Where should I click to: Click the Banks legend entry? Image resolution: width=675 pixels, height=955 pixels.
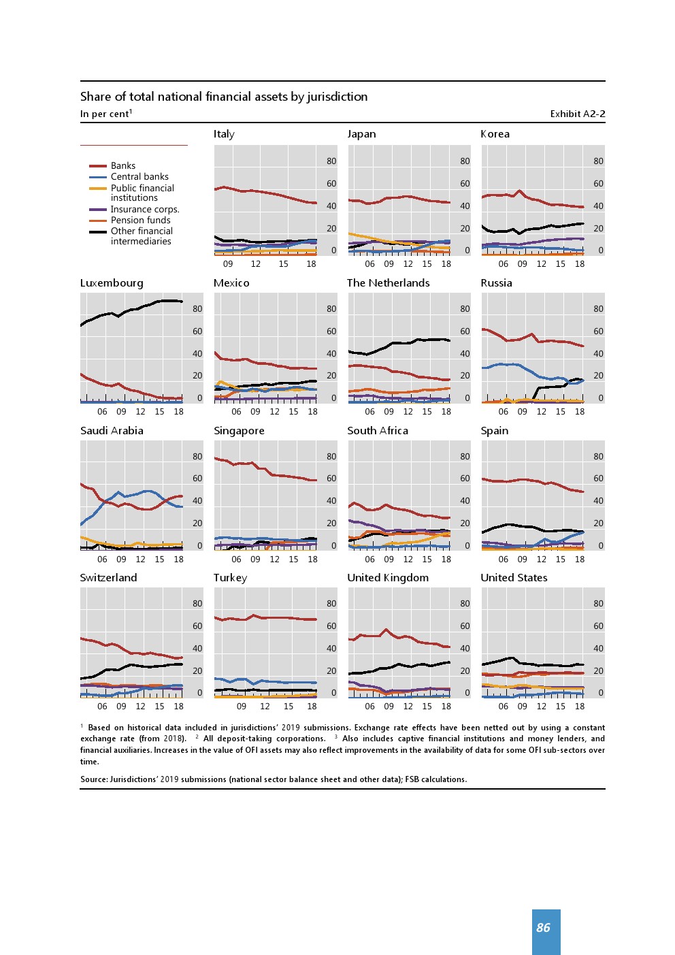(122, 165)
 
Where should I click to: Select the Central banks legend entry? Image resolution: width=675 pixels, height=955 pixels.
(139, 176)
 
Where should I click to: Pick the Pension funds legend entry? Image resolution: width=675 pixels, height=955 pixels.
(140, 220)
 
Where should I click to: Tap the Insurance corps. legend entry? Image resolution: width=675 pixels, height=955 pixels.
(144, 209)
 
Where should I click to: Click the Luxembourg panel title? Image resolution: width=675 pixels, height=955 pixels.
(112, 283)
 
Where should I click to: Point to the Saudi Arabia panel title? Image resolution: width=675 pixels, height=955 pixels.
(112, 431)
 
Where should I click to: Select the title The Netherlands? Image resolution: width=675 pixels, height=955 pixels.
(388, 283)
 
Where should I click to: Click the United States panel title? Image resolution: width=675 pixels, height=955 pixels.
(514, 578)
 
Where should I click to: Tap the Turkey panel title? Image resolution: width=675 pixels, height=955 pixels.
(230, 578)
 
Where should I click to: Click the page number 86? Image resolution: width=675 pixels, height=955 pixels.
(543, 928)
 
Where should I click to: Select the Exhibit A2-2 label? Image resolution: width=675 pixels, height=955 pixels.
(577, 114)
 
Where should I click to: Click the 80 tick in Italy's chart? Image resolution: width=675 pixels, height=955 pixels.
(331, 161)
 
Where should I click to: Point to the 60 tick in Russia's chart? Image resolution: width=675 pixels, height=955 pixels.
(598, 331)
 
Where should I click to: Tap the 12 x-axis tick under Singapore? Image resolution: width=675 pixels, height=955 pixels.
(274, 560)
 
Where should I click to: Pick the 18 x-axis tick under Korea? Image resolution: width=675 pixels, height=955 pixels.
(579, 264)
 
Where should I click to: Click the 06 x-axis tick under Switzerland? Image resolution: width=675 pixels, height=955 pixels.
(102, 707)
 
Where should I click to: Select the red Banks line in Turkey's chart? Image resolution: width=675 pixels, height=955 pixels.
(272, 617)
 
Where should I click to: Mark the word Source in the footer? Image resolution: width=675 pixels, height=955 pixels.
(94, 779)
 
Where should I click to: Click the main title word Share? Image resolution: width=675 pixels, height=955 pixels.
(95, 97)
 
